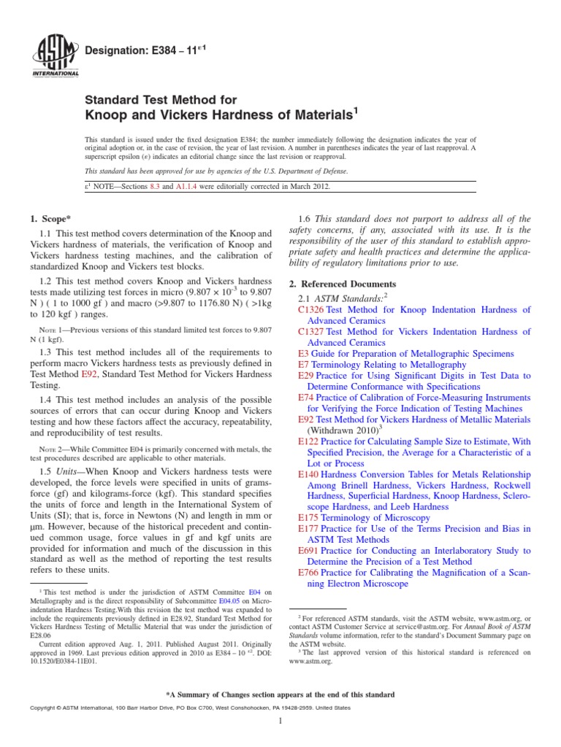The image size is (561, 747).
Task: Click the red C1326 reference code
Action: tap(311, 309)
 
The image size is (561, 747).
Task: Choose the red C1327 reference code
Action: tap(311, 331)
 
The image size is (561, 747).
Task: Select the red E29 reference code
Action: tap(306, 375)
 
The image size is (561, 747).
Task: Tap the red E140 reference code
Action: tap(309, 473)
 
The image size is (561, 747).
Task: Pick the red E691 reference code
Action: tap(309, 550)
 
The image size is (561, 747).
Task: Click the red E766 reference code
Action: tap(309, 572)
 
